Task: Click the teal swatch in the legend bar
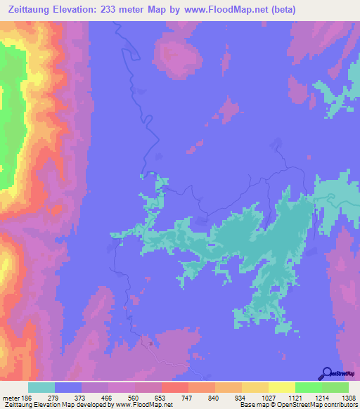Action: [x=41, y=388]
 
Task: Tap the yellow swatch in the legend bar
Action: [x=254, y=388]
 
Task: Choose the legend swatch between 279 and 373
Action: [x=68, y=388]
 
